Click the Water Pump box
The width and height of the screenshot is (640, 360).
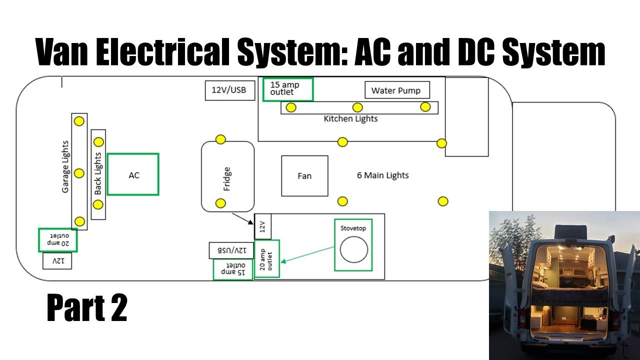pyautogui.click(x=397, y=90)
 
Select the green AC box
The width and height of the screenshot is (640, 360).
pyautogui.click(x=133, y=174)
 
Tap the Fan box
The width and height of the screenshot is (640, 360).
pyautogui.click(x=304, y=175)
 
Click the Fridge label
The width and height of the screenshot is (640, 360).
pyautogui.click(x=227, y=179)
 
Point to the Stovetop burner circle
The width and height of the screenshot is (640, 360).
pyautogui.click(x=354, y=248)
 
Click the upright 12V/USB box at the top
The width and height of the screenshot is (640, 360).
pyautogui.click(x=229, y=90)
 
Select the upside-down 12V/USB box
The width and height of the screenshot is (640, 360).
pyautogui.click(x=231, y=250)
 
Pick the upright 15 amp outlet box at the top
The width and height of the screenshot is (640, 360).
pyautogui.click(x=287, y=89)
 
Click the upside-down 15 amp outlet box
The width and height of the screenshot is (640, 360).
pyautogui.click(x=233, y=269)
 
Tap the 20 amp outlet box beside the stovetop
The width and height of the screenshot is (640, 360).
pyautogui.click(x=266, y=258)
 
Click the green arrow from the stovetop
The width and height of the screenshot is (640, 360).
pyautogui.click(x=307, y=254)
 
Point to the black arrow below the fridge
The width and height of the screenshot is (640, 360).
pyautogui.click(x=243, y=218)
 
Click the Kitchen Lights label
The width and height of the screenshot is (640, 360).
pyautogui.click(x=350, y=119)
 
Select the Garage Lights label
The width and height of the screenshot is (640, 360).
pyautogui.click(x=65, y=167)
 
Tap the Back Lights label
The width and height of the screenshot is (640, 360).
pyautogui.click(x=98, y=173)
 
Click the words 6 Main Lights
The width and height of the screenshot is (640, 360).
pyautogui.click(x=382, y=175)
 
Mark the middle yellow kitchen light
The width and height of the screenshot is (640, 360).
pyautogui.click(x=357, y=107)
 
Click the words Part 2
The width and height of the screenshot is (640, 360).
pyautogui.click(x=87, y=308)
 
